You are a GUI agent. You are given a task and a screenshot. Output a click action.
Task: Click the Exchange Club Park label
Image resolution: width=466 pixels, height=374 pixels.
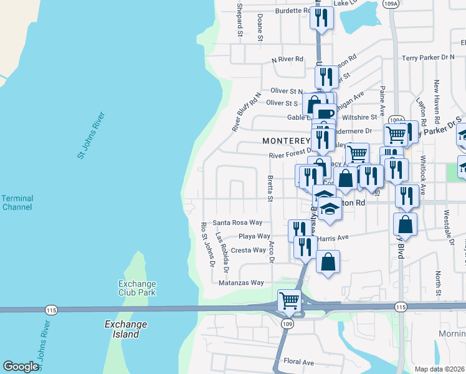pyautogui.click(x=136, y=288)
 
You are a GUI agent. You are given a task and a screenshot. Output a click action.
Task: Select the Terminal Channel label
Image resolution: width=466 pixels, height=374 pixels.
pyautogui.click(x=17, y=203)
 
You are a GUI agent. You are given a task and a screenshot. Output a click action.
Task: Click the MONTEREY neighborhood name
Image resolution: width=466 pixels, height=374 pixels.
pyautogui.click(x=286, y=141)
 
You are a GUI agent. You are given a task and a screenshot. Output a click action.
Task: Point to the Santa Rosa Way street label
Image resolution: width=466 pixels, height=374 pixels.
pyautogui.click(x=237, y=223)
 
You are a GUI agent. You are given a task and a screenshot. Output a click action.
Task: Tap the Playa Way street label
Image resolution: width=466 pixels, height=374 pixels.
pyautogui.click(x=255, y=237)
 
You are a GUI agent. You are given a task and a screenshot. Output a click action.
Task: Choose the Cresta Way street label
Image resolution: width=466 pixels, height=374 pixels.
pyautogui.click(x=249, y=250)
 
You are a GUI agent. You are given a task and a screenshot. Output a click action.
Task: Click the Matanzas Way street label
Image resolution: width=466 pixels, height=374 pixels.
pyautogui.click(x=241, y=282)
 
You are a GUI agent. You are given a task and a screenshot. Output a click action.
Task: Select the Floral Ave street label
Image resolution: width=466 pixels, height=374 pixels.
pyautogui.click(x=298, y=362)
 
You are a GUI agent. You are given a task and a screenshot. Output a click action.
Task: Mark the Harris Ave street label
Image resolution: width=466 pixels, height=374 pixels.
pyautogui.click(x=333, y=238)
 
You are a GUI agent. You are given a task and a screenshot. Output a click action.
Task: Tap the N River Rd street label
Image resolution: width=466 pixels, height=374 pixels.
pyautogui.click(x=287, y=59)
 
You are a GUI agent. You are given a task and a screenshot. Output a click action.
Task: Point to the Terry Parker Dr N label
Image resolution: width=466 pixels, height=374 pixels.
pyautogui.click(x=428, y=57)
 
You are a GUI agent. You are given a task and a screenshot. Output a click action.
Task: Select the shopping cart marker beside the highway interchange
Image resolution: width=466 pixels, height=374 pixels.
pyautogui.click(x=289, y=300)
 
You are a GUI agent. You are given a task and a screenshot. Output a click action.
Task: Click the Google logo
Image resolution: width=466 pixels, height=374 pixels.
pyautogui.click(x=21, y=367)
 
